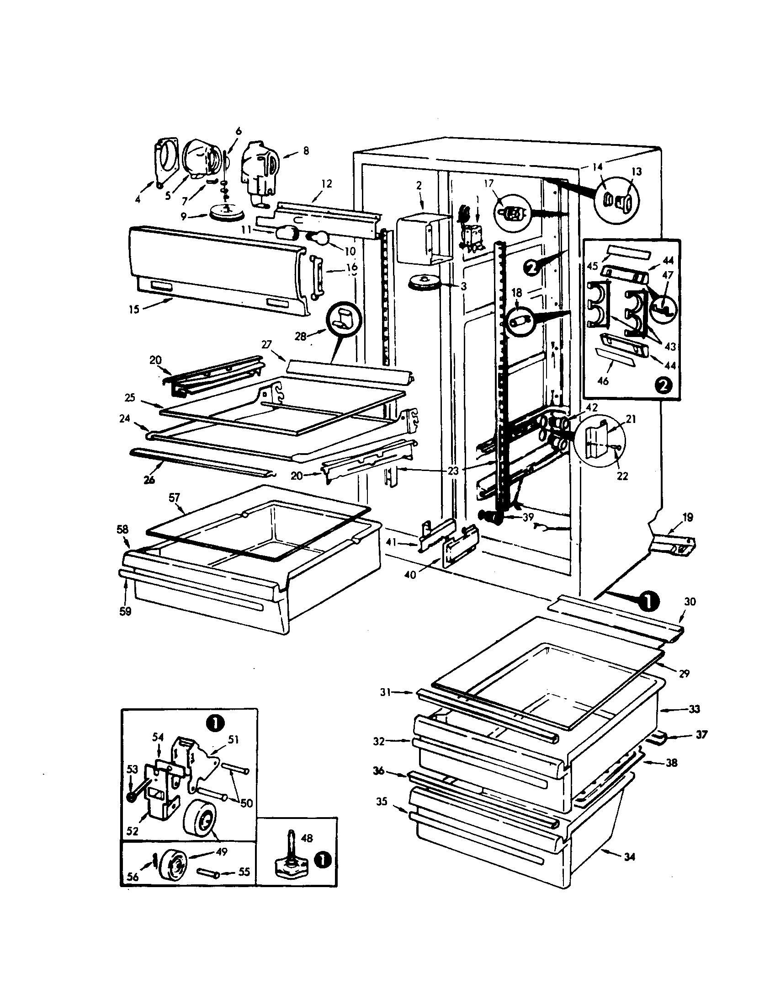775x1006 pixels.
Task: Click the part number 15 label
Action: (x=133, y=310)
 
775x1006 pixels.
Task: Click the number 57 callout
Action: (x=175, y=497)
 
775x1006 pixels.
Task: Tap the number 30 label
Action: (x=690, y=601)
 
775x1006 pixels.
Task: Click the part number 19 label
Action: (x=687, y=518)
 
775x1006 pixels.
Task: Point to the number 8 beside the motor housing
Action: (x=306, y=150)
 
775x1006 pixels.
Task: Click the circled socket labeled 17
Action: (x=512, y=214)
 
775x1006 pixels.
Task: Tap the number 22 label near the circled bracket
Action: (x=622, y=476)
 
